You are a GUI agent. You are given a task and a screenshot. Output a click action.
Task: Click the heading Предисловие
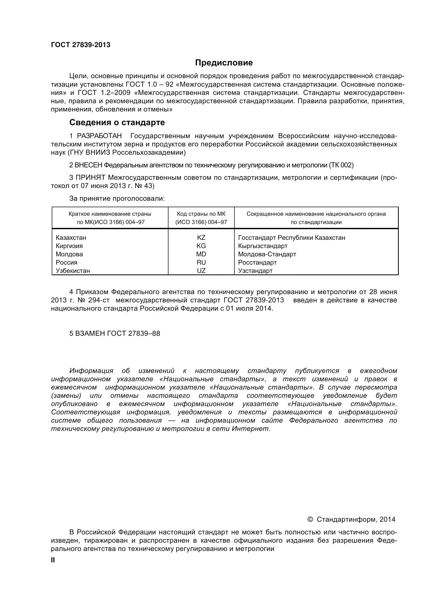click(x=224, y=63)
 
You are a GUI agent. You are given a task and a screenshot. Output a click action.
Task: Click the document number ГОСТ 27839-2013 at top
click(x=81, y=45)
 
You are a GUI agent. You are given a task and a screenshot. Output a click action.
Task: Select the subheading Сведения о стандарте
click(x=117, y=123)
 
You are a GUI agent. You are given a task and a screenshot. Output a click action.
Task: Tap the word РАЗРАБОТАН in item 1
click(x=99, y=136)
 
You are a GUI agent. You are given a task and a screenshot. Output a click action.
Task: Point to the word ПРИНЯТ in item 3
click(x=90, y=178)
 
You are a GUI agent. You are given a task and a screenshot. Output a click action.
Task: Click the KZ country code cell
click(x=201, y=238)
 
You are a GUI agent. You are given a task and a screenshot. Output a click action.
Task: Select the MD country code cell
click(x=201, y=254)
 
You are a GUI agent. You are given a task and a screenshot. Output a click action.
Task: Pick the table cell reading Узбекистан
click(x=73, y=271)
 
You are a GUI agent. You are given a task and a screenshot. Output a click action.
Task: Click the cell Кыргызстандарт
click(x=263, y=246)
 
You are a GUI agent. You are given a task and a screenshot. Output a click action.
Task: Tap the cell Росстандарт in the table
click(x=257, y=263)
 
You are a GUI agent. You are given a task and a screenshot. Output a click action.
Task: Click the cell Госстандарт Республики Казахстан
click(x=291, y=238)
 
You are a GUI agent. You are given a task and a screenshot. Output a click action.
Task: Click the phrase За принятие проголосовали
click(x=117, y=199)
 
